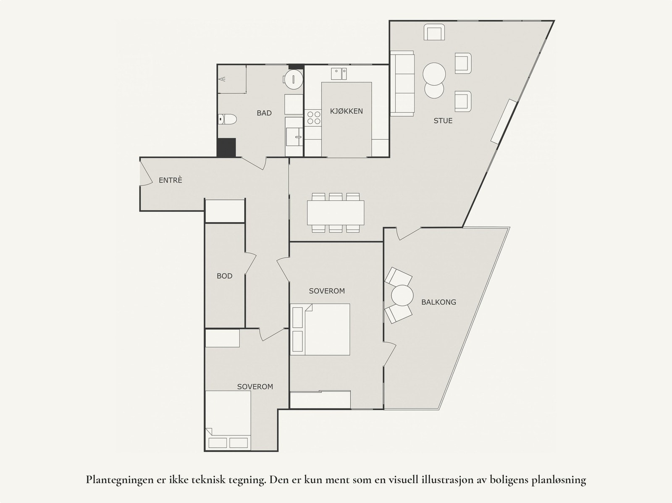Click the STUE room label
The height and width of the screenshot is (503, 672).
(443, 121)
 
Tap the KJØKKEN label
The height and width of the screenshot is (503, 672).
(346, 111)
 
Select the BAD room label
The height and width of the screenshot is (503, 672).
(264, 113)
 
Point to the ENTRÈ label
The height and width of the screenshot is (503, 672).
(171, 181)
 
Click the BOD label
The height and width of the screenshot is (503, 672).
(224, 276)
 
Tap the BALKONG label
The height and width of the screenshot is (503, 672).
(438, 302)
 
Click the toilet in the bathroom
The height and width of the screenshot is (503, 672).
(227, 120)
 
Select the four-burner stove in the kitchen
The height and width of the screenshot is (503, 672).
(312, 117)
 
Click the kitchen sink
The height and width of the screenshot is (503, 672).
(339, 74)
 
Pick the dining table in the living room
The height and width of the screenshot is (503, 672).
(336, 212)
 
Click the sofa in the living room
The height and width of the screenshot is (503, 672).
(402, 83)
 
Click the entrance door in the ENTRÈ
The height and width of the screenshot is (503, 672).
(146, 173)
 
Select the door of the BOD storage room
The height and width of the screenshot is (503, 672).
(250, 263)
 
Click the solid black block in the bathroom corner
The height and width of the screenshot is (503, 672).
(226, 147)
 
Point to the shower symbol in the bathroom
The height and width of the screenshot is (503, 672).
(222, 79)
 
